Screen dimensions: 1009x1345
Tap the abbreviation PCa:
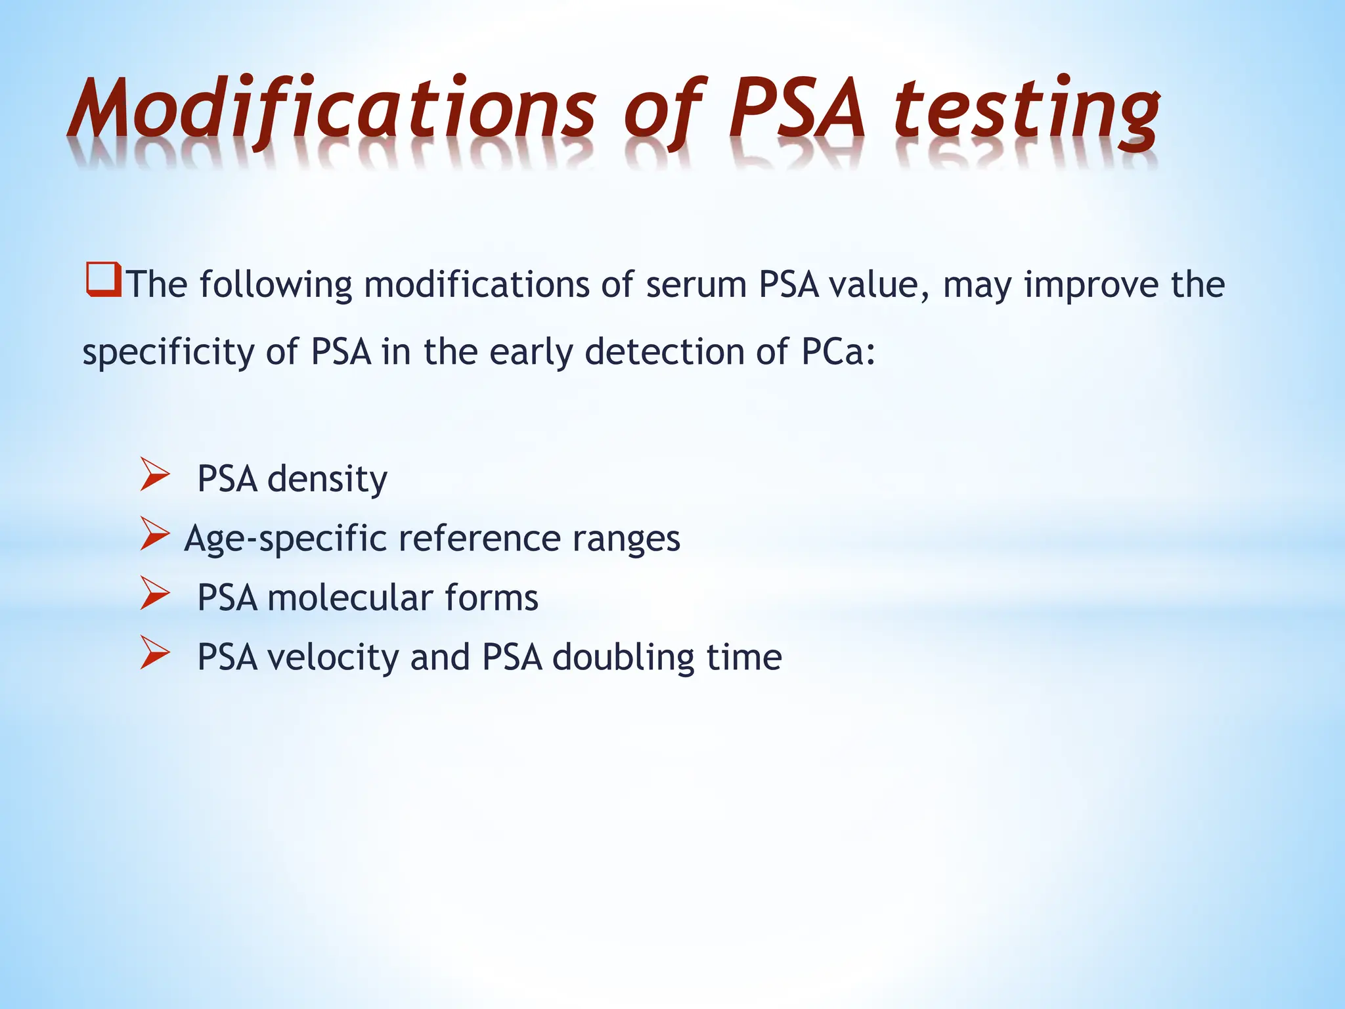[838, 351]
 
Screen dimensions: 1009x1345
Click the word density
[327, 479]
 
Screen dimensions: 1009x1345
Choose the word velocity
[332, 658]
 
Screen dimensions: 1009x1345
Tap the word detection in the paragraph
[664, 351]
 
